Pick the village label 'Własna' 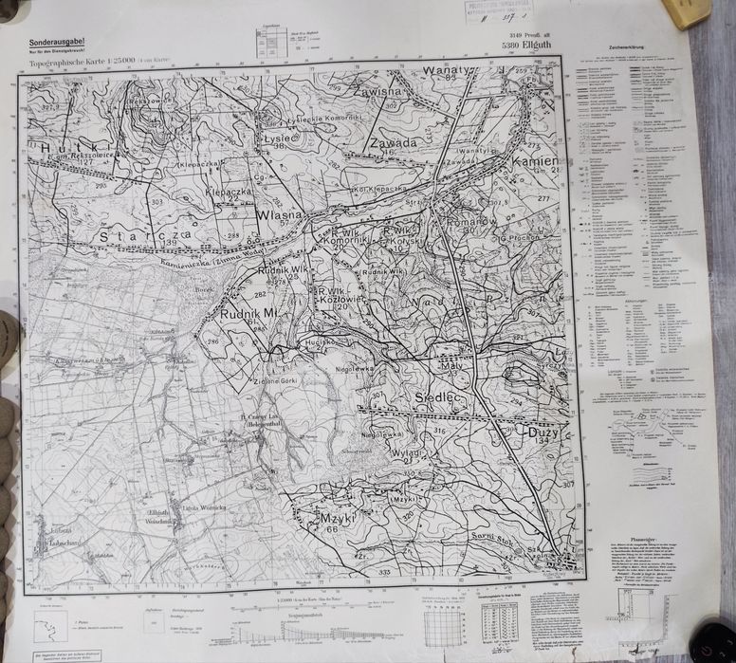tap(278, 215)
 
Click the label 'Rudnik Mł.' tap(249, 314)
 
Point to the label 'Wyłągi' tap(407, 453)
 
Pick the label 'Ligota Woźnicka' tap(204, 508)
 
